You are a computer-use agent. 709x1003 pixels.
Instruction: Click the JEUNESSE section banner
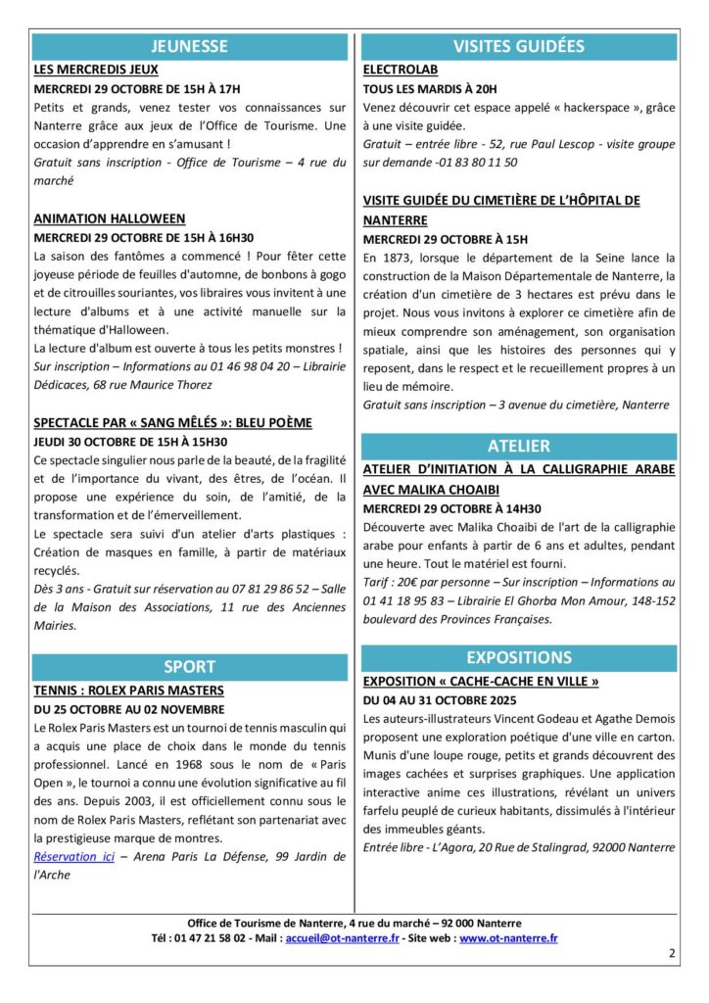click(x=189, y=46)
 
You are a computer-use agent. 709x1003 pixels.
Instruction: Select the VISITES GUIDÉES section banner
click(x=518, y=46)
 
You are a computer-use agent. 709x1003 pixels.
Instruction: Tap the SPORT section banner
click(x=189, y=667)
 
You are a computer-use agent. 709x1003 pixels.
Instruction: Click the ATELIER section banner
click(x=518, y=446)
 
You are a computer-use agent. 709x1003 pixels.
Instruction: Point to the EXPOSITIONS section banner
click(x=518, y=657)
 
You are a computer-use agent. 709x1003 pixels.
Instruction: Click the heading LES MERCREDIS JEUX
click(x=96, y=71)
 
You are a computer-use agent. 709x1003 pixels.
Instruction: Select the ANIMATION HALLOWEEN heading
click(x=110, y=218)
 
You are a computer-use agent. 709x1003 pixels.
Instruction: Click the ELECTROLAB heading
click(x=400, y=71)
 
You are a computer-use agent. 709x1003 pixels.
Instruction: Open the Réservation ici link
click(x=73, y=857)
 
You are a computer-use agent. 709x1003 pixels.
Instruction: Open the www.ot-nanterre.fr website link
click(x=508, y=938)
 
